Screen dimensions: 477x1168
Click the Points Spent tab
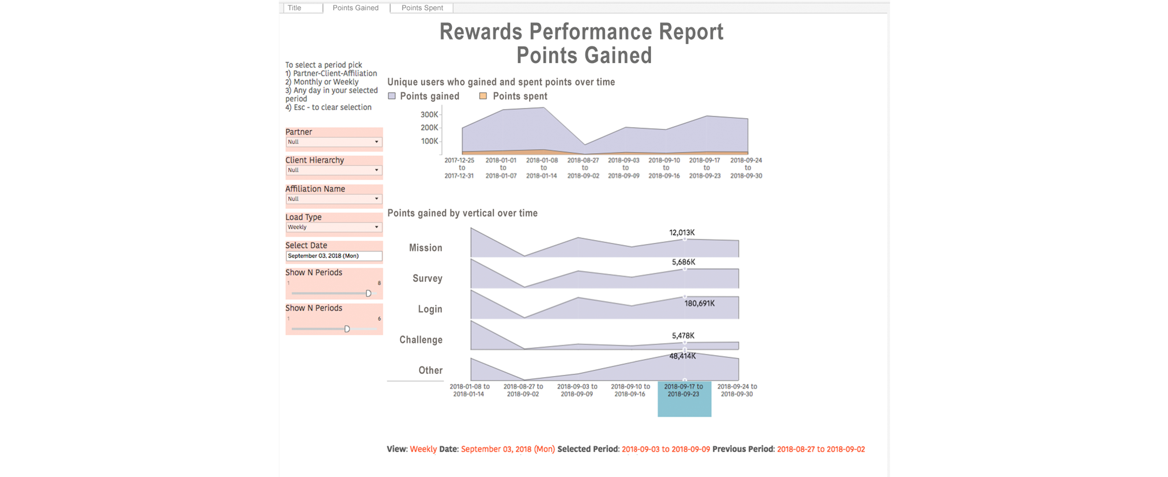422,8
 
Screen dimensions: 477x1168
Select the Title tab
295,8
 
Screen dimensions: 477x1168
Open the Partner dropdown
334,142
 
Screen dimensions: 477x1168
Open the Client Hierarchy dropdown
334,170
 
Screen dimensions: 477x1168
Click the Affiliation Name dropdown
334,199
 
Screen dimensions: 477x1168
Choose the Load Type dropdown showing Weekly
334,227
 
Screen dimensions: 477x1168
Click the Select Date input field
334,256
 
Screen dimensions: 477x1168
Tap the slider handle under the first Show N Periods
369,293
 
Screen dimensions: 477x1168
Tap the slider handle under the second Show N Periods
347,329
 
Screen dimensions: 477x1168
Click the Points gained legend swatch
392,96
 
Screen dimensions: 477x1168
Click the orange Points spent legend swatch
483,96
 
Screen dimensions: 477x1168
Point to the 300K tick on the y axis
429,114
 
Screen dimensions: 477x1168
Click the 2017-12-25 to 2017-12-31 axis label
460,168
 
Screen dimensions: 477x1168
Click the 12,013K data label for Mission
682,232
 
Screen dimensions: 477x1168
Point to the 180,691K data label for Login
699,303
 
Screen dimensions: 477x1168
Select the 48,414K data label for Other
682,356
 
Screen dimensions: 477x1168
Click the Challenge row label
421,340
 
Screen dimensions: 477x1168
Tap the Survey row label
427,278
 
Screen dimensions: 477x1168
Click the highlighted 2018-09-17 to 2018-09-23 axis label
684,390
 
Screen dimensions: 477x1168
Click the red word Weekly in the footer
423,449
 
